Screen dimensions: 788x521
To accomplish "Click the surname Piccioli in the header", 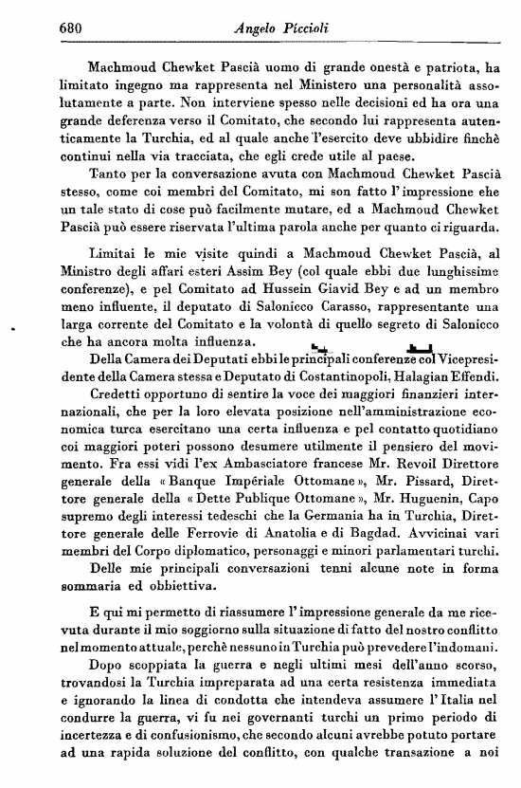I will pos(302,29).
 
